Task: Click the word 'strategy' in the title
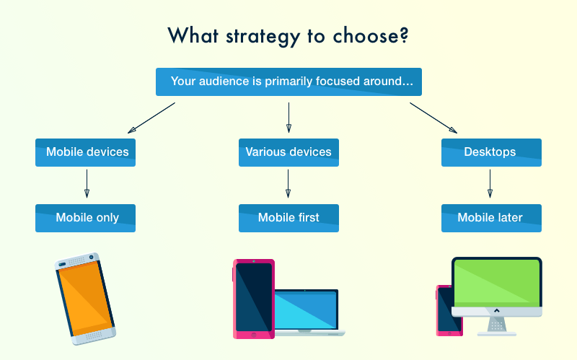(x=263, y=37)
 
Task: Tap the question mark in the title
(x=403, y=35)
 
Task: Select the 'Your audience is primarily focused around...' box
(x=288, y=82)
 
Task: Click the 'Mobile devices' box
(x=85, y=152)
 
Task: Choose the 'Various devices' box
(x=288, y=152)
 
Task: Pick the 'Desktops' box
(x=491, y=152)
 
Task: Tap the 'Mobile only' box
(x=85, y=218)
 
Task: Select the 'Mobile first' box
(x=288, y=218)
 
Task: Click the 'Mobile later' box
(x=491, y=218)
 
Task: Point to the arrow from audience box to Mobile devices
(x=151, y=118)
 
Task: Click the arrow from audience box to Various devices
(x=288, y=118)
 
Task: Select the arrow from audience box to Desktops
(x=433, y=118)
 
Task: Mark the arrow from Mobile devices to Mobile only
(x=87, y=184)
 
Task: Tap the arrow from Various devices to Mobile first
(x=288, y=184)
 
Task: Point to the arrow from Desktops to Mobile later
(x=490, y=184)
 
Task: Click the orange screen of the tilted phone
(x=85, y=299)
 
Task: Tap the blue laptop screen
(x=305, y=310)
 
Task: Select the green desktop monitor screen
(x=497, y=283)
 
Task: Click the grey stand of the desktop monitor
(x=497, y=326)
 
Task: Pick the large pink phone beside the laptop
(x=254, y=299)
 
